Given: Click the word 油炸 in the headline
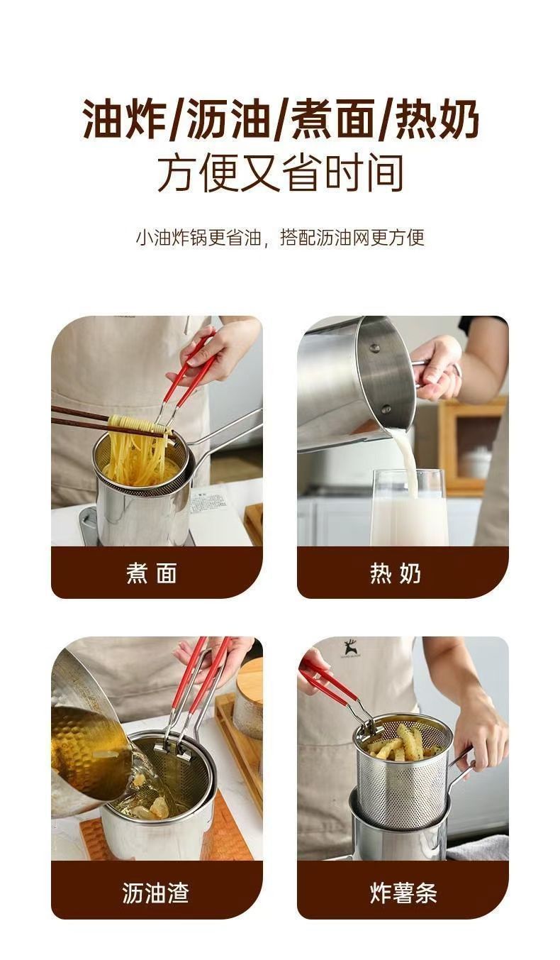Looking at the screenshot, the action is pyautogui.click(x=124, y=118).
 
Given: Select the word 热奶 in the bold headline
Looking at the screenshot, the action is pyautogui.click(x=436, y=118).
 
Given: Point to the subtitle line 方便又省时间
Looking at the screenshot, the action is pyautogui.click(x=281, y=174).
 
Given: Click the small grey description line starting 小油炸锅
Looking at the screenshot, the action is pyautogui.click(x=280, y=237).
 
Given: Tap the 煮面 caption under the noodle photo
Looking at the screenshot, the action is pyautogui.click(x=152, y=573).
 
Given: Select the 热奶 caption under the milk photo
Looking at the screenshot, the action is pyautogui.click(x=395, y=573).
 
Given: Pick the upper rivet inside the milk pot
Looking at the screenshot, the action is pyautogui.click(x=376, y=348).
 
